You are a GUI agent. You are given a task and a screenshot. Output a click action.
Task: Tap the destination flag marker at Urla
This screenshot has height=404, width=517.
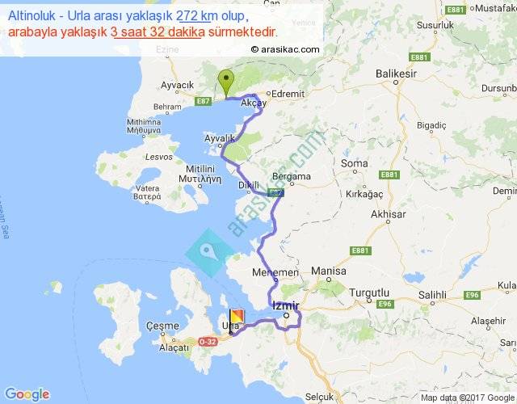click(x=236, y=318)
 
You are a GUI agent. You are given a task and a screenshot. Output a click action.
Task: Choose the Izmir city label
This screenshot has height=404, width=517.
click(x=286, y=305)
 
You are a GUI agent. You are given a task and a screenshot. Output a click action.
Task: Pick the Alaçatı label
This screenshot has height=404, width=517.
click(x=174, y=347)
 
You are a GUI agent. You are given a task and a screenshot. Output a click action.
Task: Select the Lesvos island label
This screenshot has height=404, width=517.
click(x=155, y=155)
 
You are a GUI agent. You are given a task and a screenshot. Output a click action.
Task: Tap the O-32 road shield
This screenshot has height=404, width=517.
click(x=205, y=343)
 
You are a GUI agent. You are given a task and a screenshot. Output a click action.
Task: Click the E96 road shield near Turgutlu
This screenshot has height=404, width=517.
click(x=382, y=305)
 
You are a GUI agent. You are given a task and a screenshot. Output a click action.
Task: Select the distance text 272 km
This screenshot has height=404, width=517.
click(x=193, y=16)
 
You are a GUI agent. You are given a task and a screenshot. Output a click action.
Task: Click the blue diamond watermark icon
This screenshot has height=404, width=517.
click(x=208, y=251)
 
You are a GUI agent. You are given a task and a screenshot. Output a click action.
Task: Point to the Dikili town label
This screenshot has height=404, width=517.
click(x=248, y=185)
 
